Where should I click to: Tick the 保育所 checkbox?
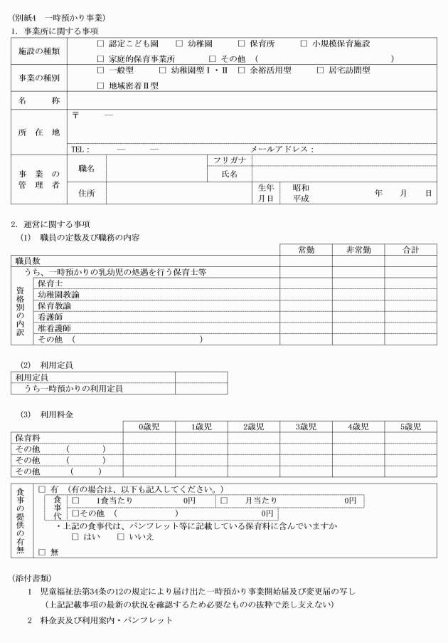[x=242, y=44]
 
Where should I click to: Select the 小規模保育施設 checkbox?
[x=304, y=44]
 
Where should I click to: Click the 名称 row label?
[x=40, y=101]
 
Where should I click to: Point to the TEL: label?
[x=80, y=150]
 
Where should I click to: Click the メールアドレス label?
[x=282, y=150]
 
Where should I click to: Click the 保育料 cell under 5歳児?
[x=410, y=438]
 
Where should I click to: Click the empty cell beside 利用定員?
[x=201, y=377]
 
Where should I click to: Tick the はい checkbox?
[x=75, y=536]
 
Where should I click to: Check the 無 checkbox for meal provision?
[x=41, y=551]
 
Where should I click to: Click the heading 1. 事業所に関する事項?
[x=54, y=31]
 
